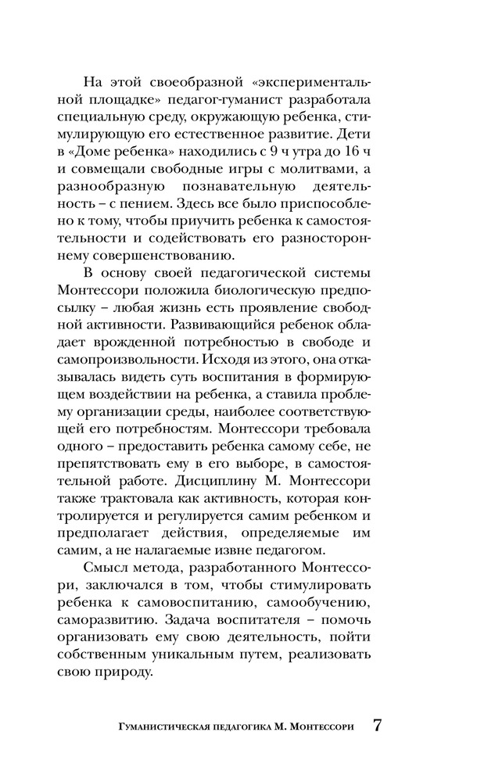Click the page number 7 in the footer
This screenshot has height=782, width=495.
(x=377, y=724)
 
